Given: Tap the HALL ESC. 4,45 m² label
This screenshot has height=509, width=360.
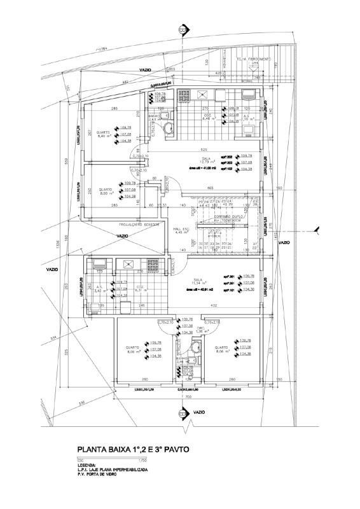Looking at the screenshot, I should [x=182, y=230].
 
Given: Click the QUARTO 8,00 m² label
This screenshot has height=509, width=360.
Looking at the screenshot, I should [x=106, y=193].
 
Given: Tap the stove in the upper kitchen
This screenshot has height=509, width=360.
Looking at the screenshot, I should [x=184, y=95].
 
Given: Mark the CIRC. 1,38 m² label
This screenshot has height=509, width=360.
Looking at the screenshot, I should [x=203, y=330].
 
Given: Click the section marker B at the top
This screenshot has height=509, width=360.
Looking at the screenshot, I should [x=183, y=30].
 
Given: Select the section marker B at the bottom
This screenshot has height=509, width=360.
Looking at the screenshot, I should [x=183, y=415].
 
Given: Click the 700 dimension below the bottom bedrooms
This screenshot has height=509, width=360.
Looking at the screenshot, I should [x=188, y=396].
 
